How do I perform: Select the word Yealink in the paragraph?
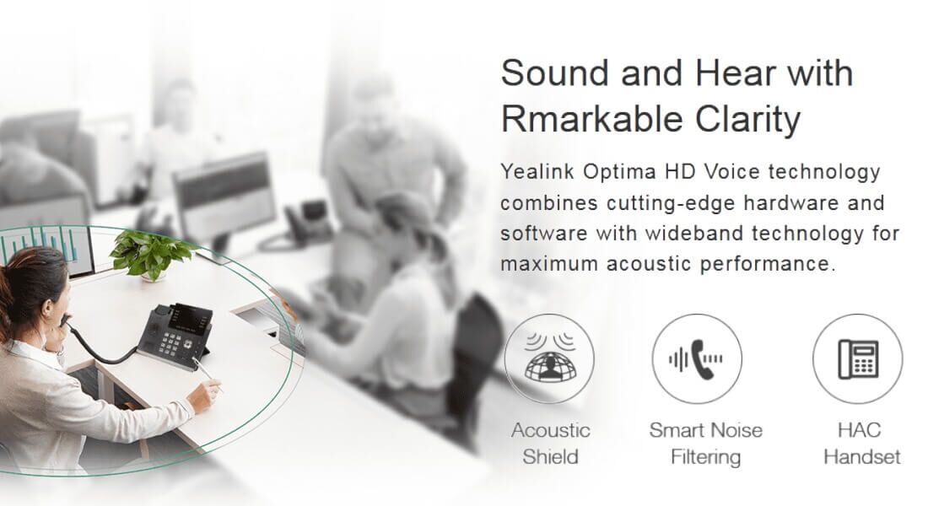pyautogui.click(x=537, y=172)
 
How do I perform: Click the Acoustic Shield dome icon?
pyautogui.click(x=550, y=358)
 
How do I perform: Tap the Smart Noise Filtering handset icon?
pyautogui.click(x=697, y=358)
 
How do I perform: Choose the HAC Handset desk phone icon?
pyautogui.click(x=858, y=358)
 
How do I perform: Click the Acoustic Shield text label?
pyautogui.click(x=550, y=444)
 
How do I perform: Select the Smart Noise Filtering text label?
pyautogui.click(x=705, y=444)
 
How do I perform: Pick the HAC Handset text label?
pyautogui.click(x=861, y=444)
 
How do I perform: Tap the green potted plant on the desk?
pyautogui.click(x=150, y=256)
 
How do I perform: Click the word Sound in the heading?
pyautogui.click(x=554, y=73)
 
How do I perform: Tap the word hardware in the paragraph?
pyautogui.click(x=791, y=202)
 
